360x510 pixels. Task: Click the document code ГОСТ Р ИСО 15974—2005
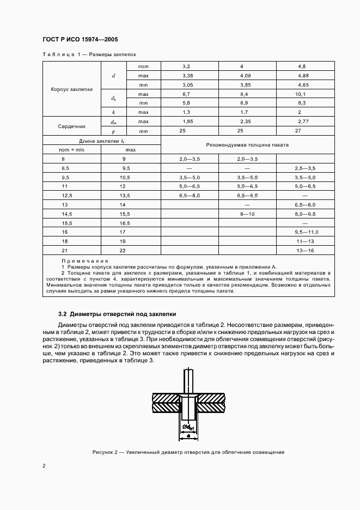tap(80, 40)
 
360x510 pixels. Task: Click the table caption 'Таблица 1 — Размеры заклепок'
tap(89, 54)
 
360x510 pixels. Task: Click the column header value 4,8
tap(305, 65)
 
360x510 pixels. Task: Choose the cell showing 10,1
tap(305, 93)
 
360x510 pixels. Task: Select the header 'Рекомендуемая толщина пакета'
tap(247, 145)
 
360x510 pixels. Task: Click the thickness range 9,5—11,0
tap(305, 232)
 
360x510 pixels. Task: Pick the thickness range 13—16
tap(305, 251)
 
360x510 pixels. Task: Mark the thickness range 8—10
tap(247, 214)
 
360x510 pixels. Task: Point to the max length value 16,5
tap(125, 223)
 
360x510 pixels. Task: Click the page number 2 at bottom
tap(44, 466)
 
